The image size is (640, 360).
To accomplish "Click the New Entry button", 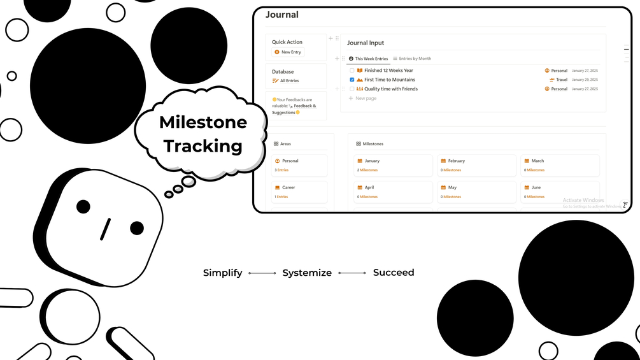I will [x=290, y=52].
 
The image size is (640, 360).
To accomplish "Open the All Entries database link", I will [x=289, y=81].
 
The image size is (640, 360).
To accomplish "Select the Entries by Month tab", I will [x=415, y=59].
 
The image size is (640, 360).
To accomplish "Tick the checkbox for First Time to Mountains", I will [x=352, y=80].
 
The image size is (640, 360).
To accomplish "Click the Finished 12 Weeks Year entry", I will [x=388, y=71].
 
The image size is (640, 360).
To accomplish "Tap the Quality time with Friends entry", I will [x=390, y=89].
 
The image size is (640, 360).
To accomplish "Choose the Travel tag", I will [x=561, y=80].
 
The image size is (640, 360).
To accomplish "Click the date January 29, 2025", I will [x=585, y=80].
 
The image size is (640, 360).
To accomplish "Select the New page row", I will [x=366, y=99].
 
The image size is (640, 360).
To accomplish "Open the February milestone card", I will [x=456, y=161].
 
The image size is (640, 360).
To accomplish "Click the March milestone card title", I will [x=537, y=161].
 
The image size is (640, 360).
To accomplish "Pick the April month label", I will [x=369, y=188].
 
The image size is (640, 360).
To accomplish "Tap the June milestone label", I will [x=536, y=188].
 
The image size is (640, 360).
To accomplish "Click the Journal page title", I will [x=281, y=15].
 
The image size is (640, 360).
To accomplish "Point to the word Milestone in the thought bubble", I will [x=203, y=122].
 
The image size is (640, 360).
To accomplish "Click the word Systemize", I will [x=307, y=273].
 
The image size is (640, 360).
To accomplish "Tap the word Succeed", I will [x=393, y=273].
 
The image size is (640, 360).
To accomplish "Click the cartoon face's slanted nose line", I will [x=105, y=229].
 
